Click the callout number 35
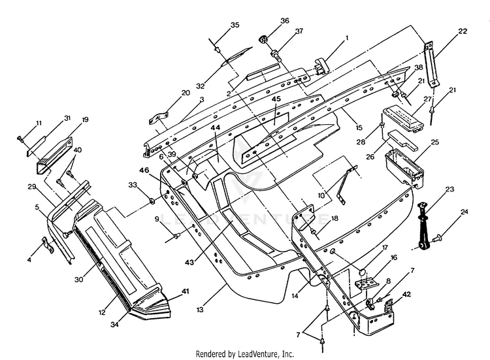[235, 25]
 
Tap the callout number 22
[463, 31]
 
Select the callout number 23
[449, 189]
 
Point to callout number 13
[200, 310]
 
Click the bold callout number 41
[186, 291]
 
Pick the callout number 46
[144, 170]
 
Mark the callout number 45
[276, 99]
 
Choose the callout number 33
[133, 185]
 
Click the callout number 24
[465, 212]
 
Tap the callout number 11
[39, 123]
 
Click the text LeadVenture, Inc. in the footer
[266, 354]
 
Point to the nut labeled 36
[263, 40]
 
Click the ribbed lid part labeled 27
[404, 118]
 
